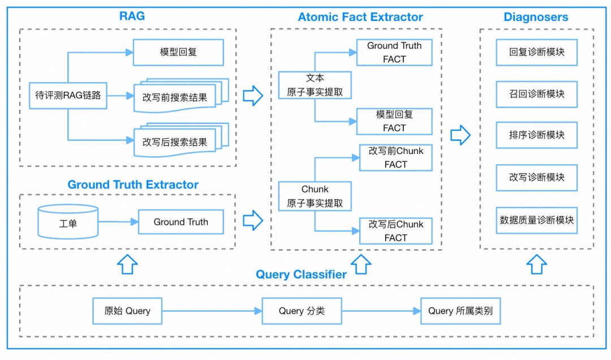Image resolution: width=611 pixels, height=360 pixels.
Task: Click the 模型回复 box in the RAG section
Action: pyautogui.click(x=178, y=53)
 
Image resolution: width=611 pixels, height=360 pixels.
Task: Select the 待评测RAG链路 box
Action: pyautogui.click(x=68, y=96)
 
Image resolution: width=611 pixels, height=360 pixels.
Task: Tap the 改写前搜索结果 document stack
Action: pyautogui.click(x=178, y=97)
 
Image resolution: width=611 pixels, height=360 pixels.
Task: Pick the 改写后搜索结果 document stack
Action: pyautogui.click(x=178, y=142)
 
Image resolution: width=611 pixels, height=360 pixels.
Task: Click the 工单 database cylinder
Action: pyautogui.click(x=68, y=222)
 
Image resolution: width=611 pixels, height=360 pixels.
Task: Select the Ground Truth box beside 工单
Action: pyautogui.click(x=180, y=222)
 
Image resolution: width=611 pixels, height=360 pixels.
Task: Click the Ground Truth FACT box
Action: pyautogui.click(x=394, y=53)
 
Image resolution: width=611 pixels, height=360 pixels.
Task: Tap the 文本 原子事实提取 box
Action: pyautogui.click(x=315, y=85)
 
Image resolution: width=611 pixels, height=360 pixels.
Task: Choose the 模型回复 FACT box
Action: pyautogui.click(x=394, y=121)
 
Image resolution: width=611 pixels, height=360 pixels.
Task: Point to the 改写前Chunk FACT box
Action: pyautogui.click(x=395, y=157)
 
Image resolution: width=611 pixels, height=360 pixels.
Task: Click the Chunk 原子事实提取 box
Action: pyautogui.click(x=315, y=196)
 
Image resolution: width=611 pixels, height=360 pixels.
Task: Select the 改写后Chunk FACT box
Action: pyautogui.click(x=395, y=231)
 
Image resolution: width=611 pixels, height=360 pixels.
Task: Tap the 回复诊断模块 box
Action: pyautogui.click(x=536, y=53)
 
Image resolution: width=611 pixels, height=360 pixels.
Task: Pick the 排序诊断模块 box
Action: pyautogui.click(x=536, y=135)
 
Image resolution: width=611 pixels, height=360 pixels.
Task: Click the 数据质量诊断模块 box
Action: pyautogui.click(x=536, y=220)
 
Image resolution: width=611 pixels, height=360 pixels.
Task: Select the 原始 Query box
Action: pyautogui.click(x=127, y=311)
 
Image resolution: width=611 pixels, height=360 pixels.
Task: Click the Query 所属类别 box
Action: pyautogui.click(x=461, y=311)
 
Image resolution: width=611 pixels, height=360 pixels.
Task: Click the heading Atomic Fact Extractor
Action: pyautogui.click(x=360, y=17)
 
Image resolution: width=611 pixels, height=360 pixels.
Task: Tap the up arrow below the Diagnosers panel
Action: pyautogui.click(x=536, y=264)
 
